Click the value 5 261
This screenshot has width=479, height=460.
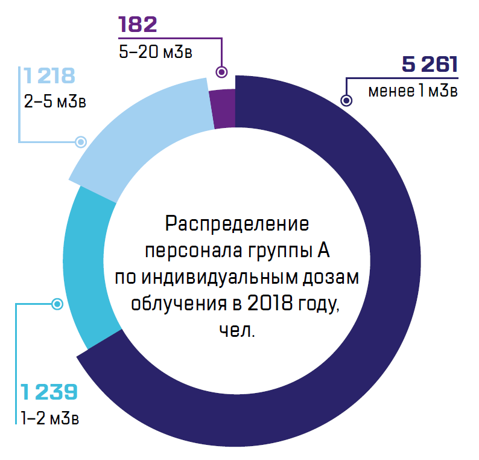429,65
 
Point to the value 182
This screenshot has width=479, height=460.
138,25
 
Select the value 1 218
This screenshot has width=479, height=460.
49,76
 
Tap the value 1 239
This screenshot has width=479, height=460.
49,392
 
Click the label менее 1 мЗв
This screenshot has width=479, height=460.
413,91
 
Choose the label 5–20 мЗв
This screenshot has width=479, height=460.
156,52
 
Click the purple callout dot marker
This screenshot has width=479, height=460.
221,72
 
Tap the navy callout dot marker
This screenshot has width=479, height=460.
346,101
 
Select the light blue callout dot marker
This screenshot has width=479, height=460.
80,142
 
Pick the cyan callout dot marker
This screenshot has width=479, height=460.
57,304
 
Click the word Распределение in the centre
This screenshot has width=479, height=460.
237,223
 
